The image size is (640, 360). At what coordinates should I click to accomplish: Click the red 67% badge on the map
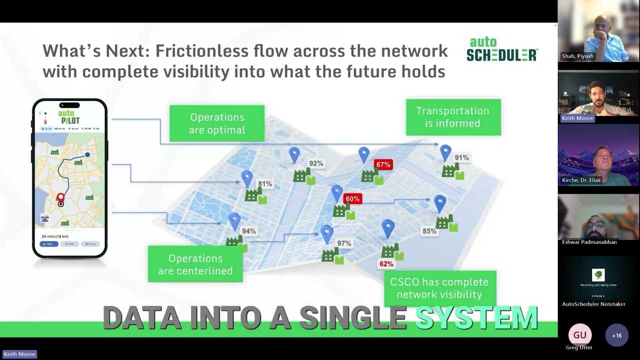(383, 164)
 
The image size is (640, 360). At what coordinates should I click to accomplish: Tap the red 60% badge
(352, 199)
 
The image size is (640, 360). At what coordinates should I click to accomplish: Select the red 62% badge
(386, 264)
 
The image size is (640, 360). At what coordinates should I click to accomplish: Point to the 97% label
(344, 243)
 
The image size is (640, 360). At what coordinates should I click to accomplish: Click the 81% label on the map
(265, 184)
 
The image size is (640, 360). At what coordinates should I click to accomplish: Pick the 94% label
(248, 231)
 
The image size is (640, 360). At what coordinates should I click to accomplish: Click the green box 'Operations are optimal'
(217, 123)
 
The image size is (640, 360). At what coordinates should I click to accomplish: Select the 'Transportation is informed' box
(453, 117)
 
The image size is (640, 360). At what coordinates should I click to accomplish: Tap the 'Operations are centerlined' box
(195, 264)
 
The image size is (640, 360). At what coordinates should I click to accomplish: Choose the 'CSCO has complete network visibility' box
(439, 288)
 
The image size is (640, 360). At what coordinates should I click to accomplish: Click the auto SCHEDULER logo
(502, 49)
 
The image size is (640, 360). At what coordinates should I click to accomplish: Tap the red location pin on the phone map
(60, 198)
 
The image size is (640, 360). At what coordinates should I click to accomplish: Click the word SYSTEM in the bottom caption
(476, 317)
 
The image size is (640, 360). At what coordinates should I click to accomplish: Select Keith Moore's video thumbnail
(598, 96)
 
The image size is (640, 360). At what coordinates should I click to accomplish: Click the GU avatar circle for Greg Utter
(579, 335)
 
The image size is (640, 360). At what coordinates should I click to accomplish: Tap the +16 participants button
(616, 335)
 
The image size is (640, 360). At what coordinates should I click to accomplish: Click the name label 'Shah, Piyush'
(577, 56)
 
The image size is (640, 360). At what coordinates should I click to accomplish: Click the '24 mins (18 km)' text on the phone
(55, 236)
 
